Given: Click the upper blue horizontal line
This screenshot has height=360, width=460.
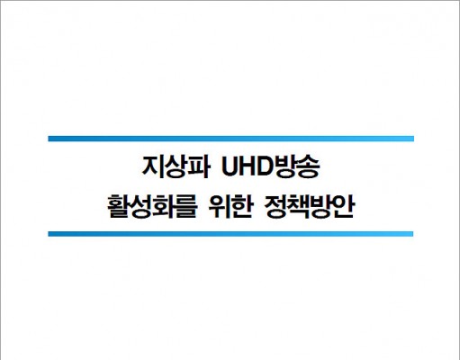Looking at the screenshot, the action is tap(230, 139).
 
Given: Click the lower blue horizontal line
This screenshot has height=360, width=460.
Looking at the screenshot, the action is tap(230, 234).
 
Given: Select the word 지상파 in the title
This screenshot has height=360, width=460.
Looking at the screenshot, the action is tap(176, 167).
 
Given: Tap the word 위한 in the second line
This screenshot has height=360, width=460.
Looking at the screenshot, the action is tap(230, 207).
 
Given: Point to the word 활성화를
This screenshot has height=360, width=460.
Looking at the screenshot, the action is tap(152, 207).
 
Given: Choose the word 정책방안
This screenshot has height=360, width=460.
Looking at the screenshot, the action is tap(309, 207).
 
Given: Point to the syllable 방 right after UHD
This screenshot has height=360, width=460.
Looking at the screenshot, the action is tap(287, 167).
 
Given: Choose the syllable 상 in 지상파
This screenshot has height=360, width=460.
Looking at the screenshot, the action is tap(176, 167).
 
